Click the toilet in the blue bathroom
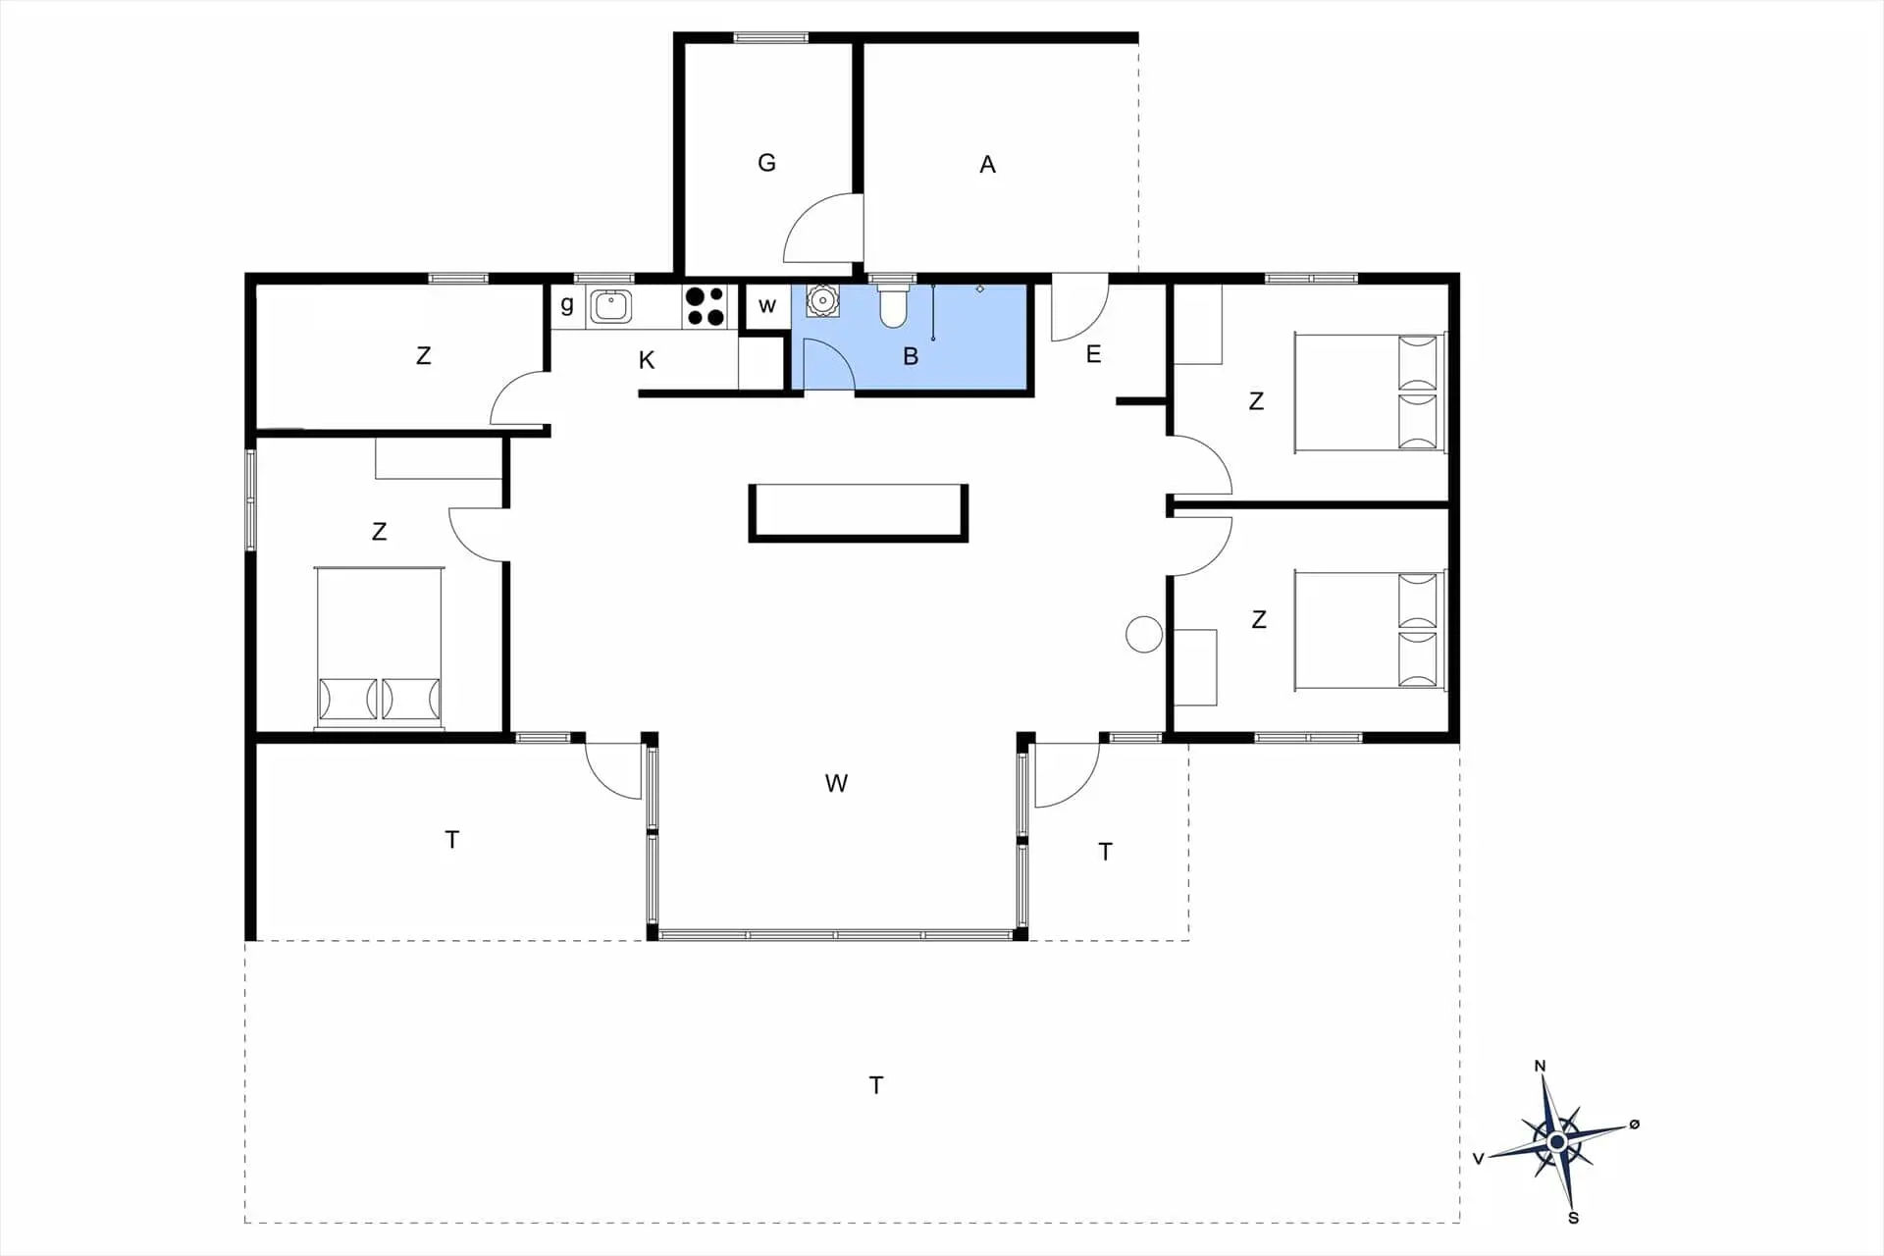(x=893, y=305)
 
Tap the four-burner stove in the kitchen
(x=705, y=305)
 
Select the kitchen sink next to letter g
(x=610, y=305)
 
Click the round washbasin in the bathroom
(x=822, y=300)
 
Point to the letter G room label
(x=767, y=163)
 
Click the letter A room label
(x=988, y=165)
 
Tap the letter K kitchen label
(x=647, y=360)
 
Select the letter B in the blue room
(x=911, y=356)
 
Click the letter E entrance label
(x=1094, y=354)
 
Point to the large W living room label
(x=836, y=783)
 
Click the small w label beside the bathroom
(x=767, y=306)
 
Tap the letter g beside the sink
(x=567, y=304)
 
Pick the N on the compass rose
(x=1540, y=1066)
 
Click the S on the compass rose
(x=1574, y=1218)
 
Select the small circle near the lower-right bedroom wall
(x=1144, y=634)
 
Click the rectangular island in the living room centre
(x=859, y=512)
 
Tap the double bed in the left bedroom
(x=379, y=648)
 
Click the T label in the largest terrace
(x=876, y=1085)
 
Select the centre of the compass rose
(x=1557, y=1142)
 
